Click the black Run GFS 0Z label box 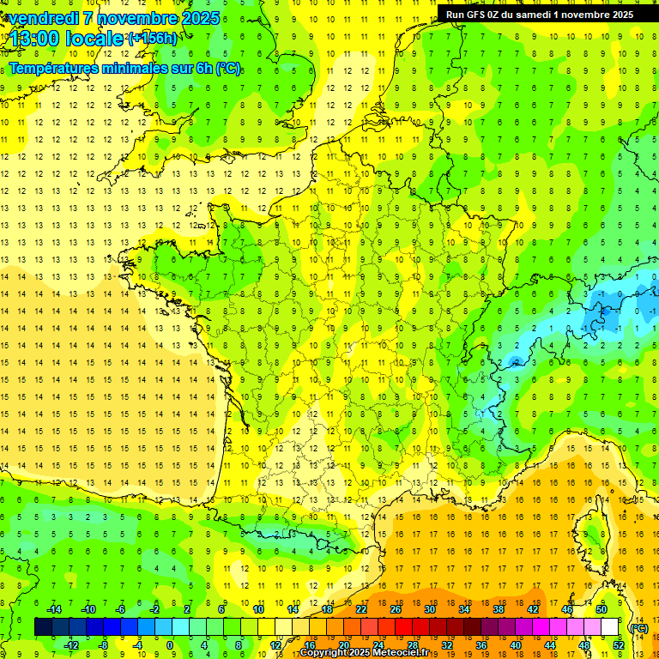(540, 14)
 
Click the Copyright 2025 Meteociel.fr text (364, 653)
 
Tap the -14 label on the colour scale (54, 609)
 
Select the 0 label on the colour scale (170, 645)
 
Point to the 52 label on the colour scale (618, 645)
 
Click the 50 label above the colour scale (602, 609)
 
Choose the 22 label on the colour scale (361, 609)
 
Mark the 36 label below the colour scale (481, 645)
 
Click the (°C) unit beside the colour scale (638, 627)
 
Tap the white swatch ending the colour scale (610, 627)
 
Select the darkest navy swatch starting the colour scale (43, 627)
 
